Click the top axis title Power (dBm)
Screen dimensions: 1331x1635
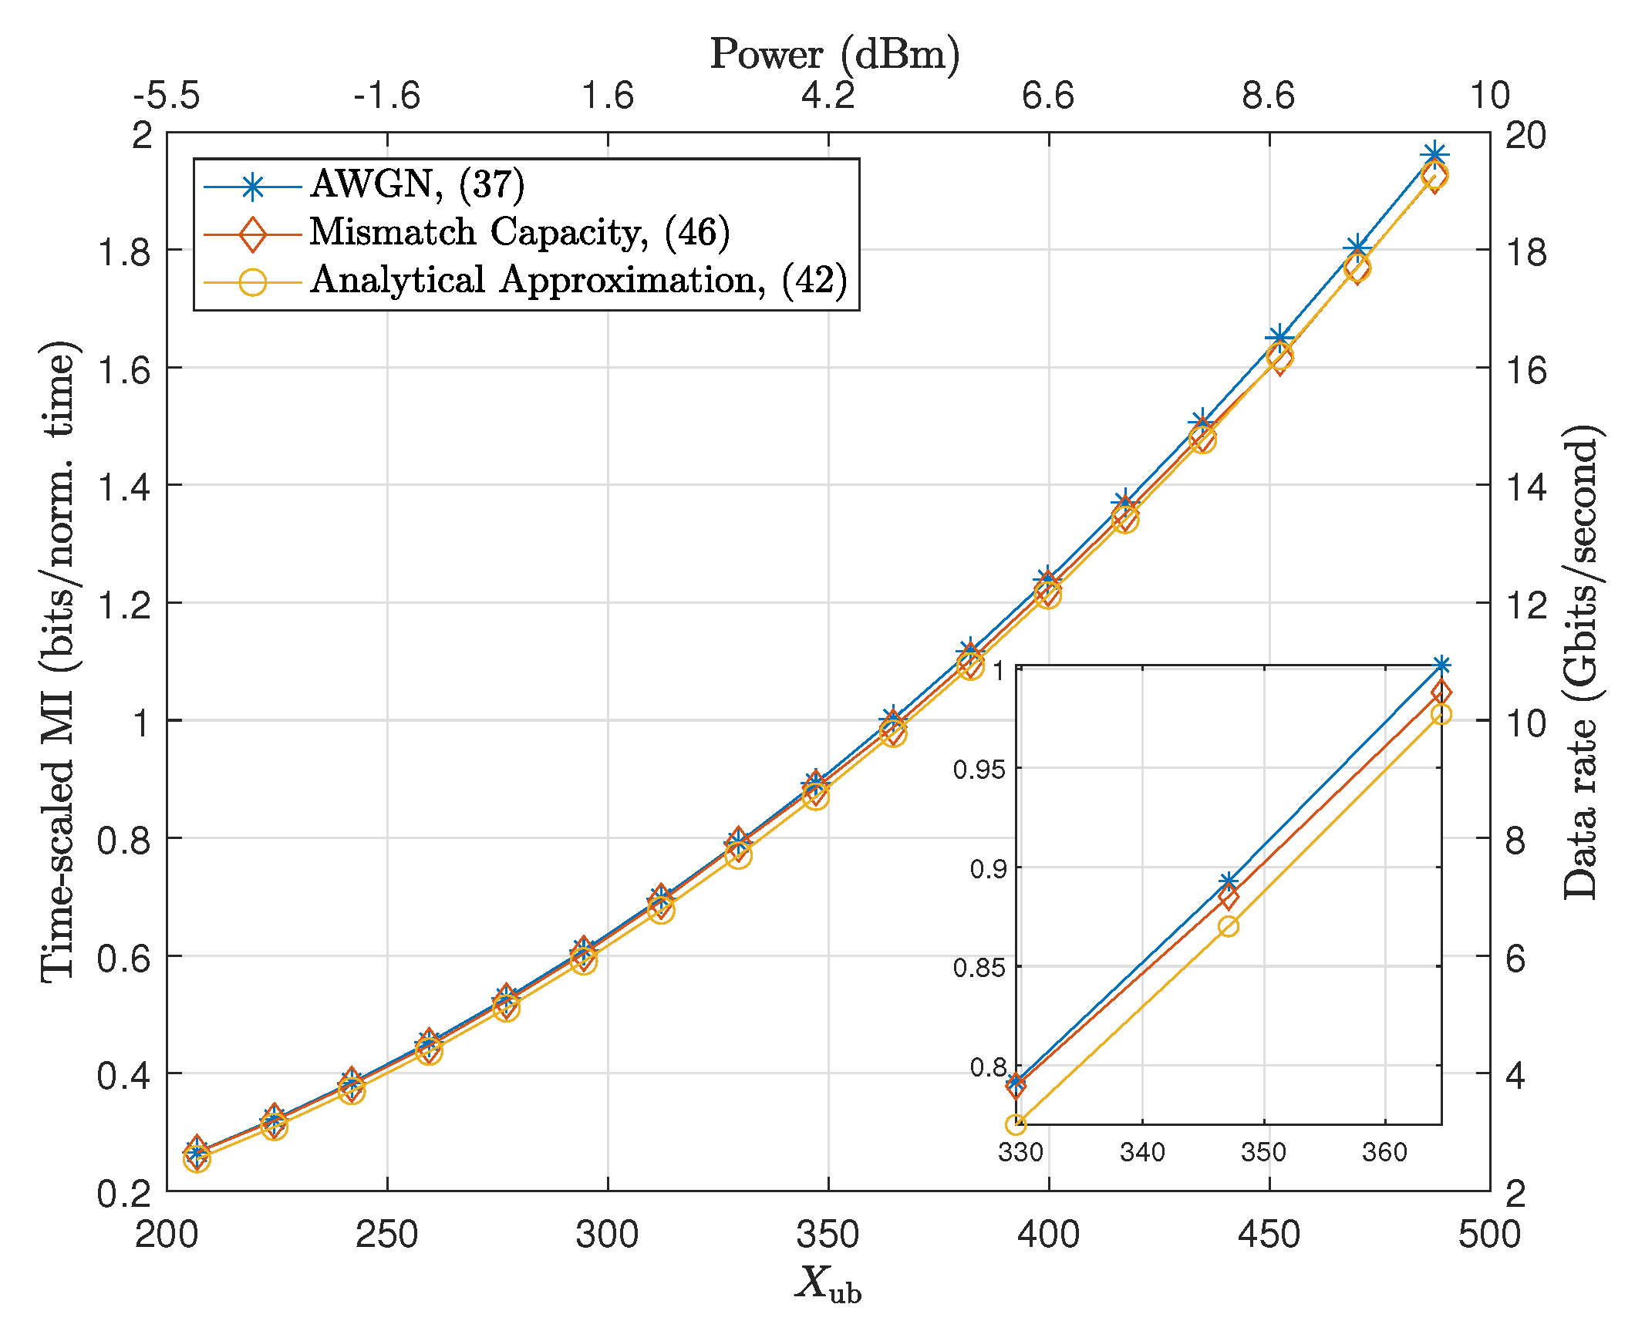click(x=834, y=54)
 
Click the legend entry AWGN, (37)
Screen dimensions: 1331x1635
click(x=416, y=184)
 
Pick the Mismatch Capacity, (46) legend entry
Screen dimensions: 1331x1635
click(x=519, y=232)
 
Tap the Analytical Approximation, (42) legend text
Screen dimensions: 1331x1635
click(x=578, y=280)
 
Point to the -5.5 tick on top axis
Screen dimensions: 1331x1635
click(x=167, y=96)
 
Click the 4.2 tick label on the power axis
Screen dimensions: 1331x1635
click(x=828, y=96)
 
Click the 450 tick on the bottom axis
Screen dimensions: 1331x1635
click(x=1269, y=1235)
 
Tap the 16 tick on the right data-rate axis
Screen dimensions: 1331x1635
click(x=1525, y=370)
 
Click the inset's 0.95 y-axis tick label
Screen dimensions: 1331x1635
click(x=979, y=769)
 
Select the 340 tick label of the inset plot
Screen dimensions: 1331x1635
click(x=1141, y=1152)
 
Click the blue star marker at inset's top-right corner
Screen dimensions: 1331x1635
click(x=1441, y=665)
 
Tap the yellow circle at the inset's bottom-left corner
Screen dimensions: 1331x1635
click(x=1016, y=1124)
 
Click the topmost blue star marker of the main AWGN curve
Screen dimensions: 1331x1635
click(x=1434, y=155)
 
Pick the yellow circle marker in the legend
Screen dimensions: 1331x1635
click(x=252, y=281)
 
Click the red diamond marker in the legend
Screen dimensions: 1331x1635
click(x=252, y=234)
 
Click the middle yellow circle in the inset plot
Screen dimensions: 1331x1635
click(x=1229, y=926)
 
